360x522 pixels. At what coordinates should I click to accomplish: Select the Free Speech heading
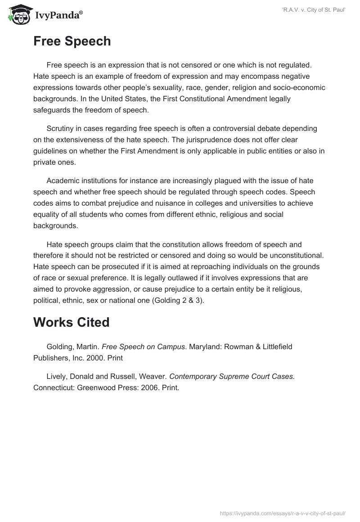click(72, 41)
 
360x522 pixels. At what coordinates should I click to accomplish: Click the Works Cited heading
click(72, 322)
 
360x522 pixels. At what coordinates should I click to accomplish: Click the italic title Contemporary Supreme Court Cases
click(232, 376)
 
